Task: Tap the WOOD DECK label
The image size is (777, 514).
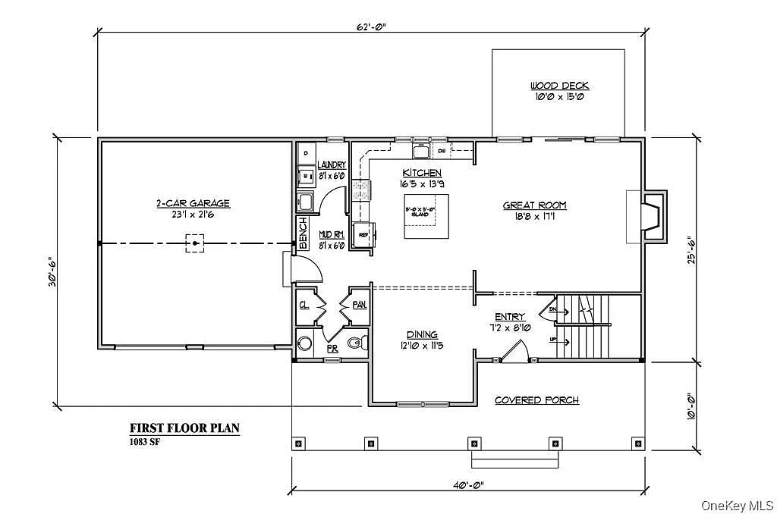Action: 560,86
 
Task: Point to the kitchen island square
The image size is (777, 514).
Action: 426,216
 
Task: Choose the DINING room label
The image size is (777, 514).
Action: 422,334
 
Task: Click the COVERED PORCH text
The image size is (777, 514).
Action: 536,400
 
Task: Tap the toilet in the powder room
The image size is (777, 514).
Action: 356,344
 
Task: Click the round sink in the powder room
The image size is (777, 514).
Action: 305,343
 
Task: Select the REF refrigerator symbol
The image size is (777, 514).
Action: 364,234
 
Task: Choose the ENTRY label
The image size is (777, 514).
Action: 510,317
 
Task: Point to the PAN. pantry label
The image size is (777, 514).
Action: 359,304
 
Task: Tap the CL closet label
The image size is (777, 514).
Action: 304,305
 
